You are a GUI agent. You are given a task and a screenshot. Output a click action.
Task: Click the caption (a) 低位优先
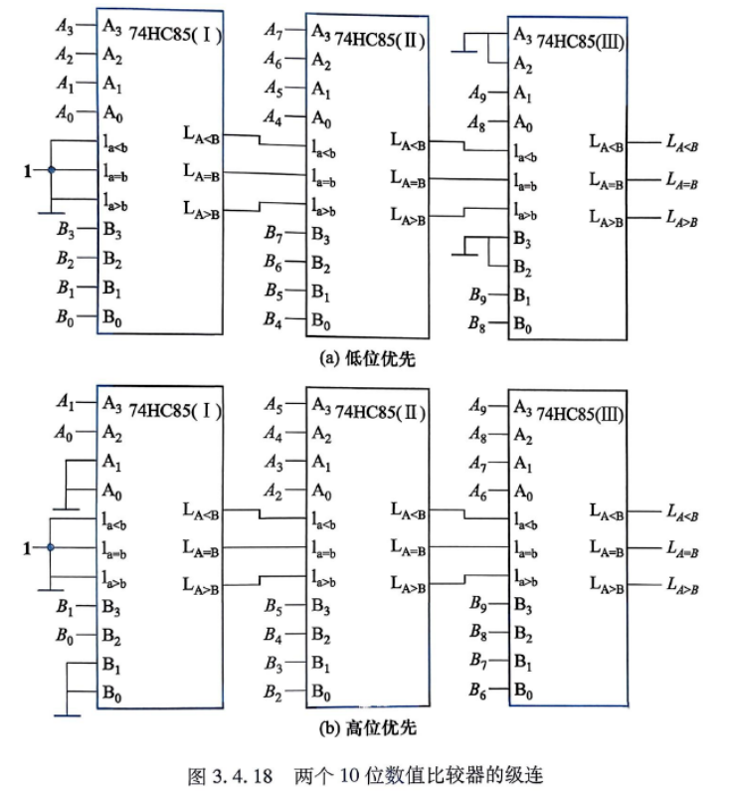coord(368,359)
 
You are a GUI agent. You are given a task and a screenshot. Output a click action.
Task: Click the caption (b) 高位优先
coord(368,728)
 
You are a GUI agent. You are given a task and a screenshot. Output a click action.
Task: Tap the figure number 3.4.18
coord(243,776)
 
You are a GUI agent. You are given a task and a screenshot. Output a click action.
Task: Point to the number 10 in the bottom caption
coord(349,776)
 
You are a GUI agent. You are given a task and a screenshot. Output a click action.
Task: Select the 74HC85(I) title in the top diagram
coord(175,35)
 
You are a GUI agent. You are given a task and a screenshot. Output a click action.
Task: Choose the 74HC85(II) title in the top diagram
coord(380,39)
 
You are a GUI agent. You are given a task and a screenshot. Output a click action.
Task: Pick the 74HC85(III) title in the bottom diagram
coord(580,414)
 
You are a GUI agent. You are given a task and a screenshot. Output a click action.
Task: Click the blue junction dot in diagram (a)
coord(51,170)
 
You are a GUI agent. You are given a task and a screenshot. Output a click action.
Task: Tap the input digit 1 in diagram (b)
coord(27,548)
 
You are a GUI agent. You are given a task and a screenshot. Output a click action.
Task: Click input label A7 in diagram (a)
coord(274,31)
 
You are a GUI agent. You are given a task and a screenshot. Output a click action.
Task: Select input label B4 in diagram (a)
coord(273,319)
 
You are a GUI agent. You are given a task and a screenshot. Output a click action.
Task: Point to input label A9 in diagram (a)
coord(477,93)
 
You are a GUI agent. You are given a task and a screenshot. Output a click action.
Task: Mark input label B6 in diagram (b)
coord(477,690)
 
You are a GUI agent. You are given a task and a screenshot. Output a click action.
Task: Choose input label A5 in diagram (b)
coord(274,405)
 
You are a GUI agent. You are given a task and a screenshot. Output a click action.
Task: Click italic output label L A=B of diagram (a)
coord(682,180)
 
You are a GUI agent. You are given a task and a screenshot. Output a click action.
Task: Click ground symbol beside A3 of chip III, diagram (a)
coord(463,51)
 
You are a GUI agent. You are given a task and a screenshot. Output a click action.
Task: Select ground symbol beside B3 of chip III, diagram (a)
coord(464,254)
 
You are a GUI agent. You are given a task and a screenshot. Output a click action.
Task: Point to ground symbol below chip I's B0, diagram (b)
coord(67,715)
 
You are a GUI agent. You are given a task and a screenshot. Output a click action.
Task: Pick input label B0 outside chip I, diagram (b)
coord(65,635)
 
